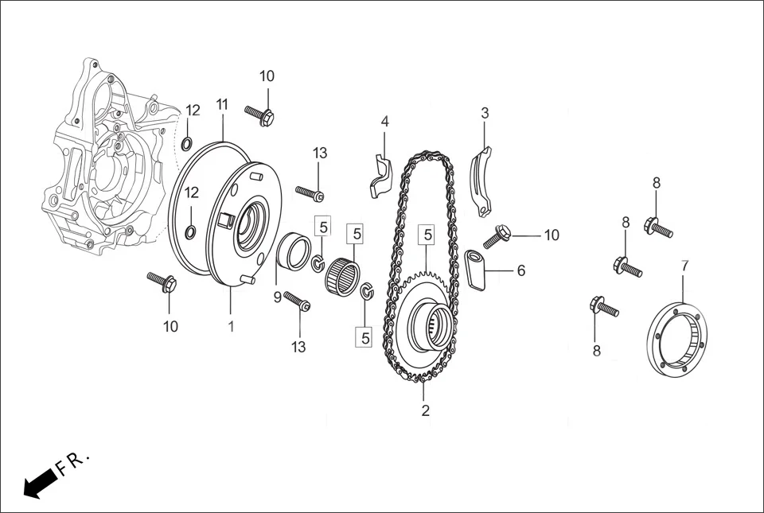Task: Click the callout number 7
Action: [x=684, y=266]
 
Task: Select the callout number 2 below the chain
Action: [x=425, y=410]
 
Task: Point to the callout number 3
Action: [x=485, y=113]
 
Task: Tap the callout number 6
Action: [x=521, y=270]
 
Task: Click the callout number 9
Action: [x=277, y=297]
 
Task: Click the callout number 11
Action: [x=222, y=104]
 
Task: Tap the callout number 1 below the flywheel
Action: [x=231, y=326]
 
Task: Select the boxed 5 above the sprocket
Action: [x=428, y=235]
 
